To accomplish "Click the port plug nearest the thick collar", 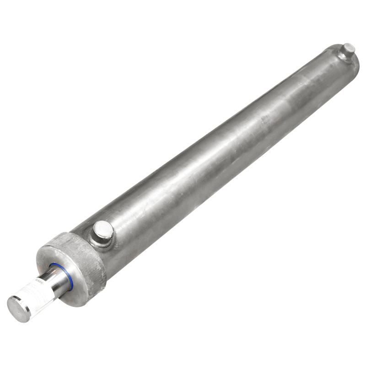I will coord(103,230).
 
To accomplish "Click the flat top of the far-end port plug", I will coord(349,47).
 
